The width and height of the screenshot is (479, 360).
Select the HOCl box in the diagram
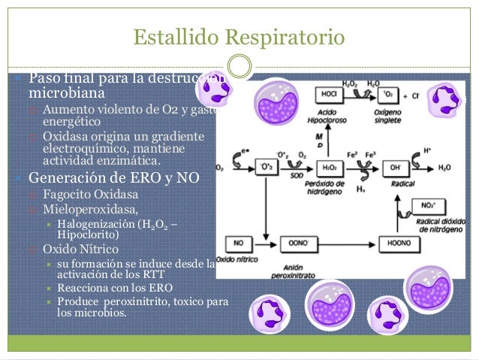[x=328, y=96]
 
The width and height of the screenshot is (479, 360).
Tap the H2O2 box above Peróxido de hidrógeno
[x=328, y=167]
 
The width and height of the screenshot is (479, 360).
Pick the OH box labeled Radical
[x=395, y=167]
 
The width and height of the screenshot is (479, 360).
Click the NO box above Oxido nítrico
[x=239, y=244]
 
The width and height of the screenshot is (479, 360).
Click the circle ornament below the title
[x=239, y=65]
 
